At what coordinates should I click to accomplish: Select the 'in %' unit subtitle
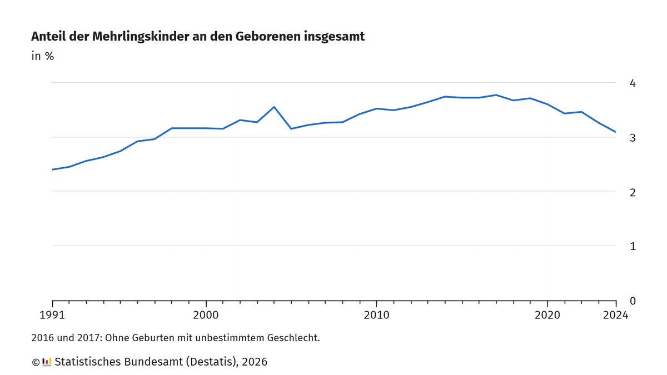coord(42,56)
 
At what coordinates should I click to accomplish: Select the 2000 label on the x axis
coord(206,316)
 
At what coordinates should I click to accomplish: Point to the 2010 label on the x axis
coord(376,316)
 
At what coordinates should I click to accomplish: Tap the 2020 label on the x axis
coord(547,316)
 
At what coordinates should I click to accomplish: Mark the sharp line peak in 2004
coord(274,107)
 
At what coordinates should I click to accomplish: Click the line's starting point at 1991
coord(53,169)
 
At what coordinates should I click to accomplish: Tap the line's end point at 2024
coord(616,132)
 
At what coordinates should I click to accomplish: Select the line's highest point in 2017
coord(496,95)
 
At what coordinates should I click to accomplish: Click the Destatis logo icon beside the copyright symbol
coord(47,362)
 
